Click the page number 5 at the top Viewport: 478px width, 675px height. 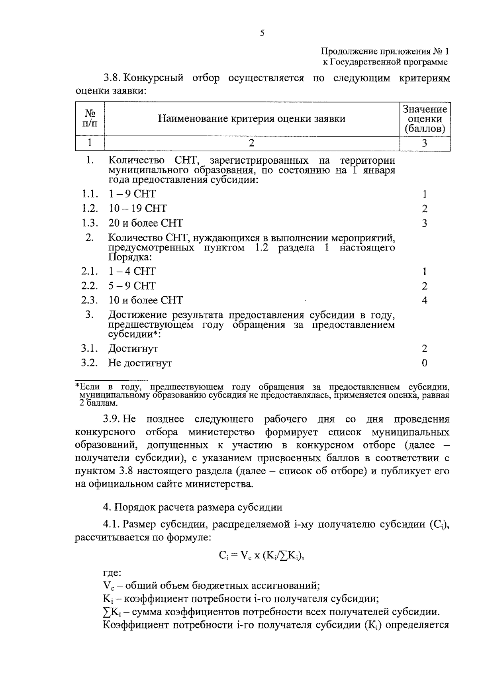coord(262,33)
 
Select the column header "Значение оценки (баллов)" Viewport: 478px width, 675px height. coord(425,119)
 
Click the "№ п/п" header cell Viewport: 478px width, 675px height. coord(90,119)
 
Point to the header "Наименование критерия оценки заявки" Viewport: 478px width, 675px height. coord(251,119)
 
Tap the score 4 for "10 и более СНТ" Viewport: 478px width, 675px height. coord(425,301)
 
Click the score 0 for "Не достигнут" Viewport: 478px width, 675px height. coord(425,363)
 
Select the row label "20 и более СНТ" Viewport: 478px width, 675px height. coord(145,223)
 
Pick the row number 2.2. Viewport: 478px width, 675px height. coord(90,286)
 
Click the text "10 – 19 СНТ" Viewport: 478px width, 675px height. coord(138,209)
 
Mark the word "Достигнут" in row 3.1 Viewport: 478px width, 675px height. coord(133,349)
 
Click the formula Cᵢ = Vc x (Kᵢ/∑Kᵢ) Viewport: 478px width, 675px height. coord(261,556)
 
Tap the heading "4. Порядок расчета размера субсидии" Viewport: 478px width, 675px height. coord(193,507)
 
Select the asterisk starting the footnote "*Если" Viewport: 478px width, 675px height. coord(78,386)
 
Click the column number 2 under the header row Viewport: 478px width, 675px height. coord(251,143)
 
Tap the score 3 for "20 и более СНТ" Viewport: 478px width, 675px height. coord(425,223)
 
